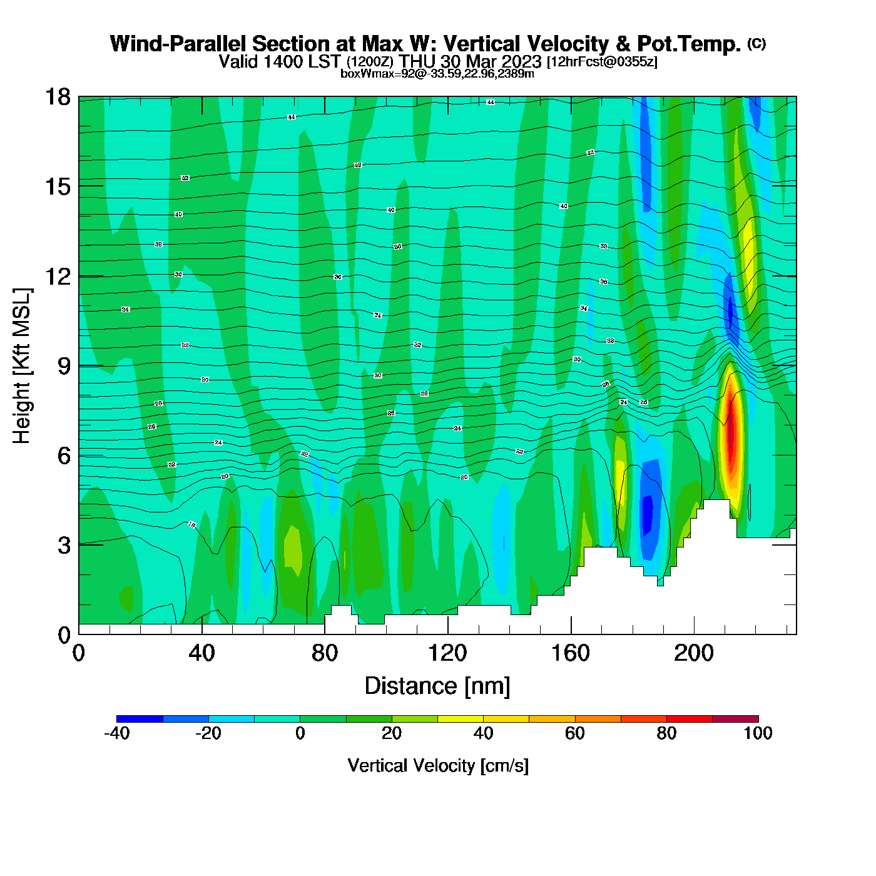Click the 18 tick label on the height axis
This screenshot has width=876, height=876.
tap(58, 97)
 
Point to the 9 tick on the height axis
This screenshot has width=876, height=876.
tap(64, 366)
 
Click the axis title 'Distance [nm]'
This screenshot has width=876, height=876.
tap(437, 686)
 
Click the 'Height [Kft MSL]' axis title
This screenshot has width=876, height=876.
tap(22, 366)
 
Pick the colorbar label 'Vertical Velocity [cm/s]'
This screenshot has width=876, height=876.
tap(438, 766)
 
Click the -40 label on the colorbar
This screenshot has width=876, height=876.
tap(116, 733)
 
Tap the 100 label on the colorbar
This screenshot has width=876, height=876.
tap(758, 733)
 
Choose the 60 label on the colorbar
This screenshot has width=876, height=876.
tap(574, 733)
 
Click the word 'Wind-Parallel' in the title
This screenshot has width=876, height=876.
tap(179, 44)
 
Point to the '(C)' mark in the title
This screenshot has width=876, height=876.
tap(756, 43)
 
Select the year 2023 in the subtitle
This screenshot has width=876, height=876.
tap(522, 61)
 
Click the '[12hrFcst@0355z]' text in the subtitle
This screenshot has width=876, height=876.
tap(602, 62)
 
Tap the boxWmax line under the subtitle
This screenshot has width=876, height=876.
tap(437, 74)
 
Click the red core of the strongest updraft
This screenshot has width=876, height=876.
tap(730, 432)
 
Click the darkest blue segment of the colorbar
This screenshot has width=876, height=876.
tap(140, 719)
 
